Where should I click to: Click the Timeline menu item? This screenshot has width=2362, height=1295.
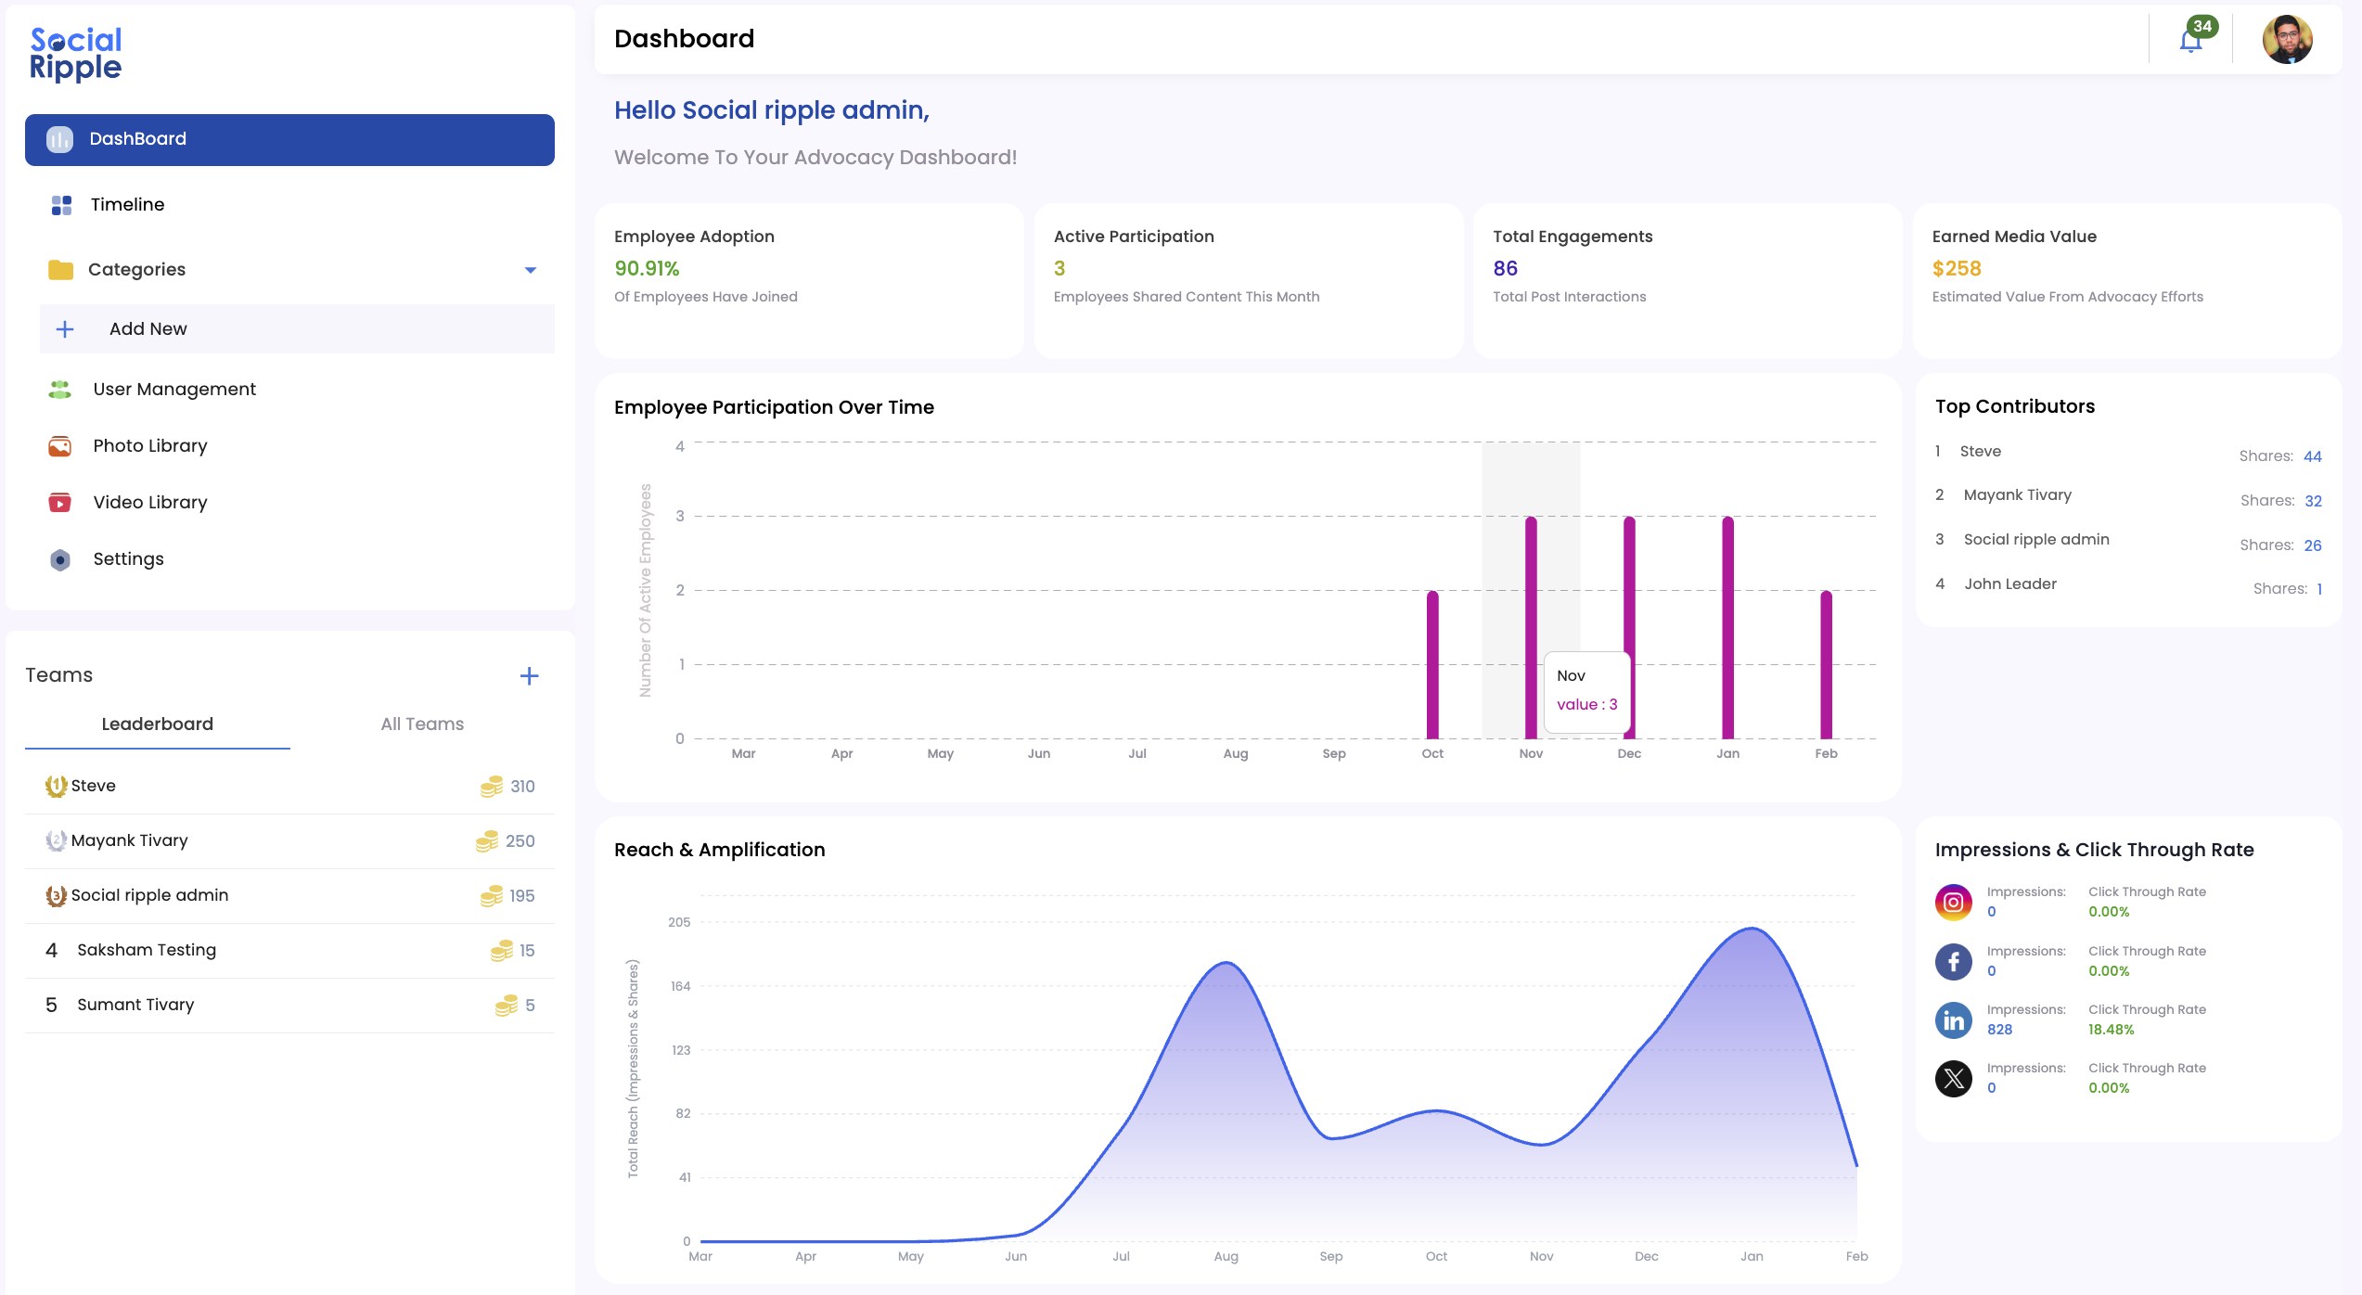[x=127, y=205]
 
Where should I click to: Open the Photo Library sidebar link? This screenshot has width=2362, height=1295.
[x=149, y=446]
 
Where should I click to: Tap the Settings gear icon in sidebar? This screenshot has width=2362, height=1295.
[x=60, y=559]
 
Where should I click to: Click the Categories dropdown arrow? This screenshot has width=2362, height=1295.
[x=531, y=270]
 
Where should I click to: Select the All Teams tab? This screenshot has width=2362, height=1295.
[x=422, y=724]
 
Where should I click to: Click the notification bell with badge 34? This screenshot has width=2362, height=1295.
[x=2191, y=41]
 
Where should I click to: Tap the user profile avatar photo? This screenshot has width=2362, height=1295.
[x=2287, y=40]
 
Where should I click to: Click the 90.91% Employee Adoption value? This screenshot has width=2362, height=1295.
[x=647, y=269]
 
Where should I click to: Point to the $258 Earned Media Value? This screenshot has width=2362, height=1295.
[x=1957, y=269]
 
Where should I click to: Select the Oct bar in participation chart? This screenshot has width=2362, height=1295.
[x=1432, y=664]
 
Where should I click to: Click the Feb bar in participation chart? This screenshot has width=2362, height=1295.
[x=1826, y=664]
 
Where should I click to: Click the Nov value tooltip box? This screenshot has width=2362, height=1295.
[x=1586, y=691]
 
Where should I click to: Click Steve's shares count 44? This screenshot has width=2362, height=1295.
[x=2312, y=456]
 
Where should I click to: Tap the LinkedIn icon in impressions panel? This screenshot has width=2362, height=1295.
[x=1953, y=1020]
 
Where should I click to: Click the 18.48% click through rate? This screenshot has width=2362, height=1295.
[x=2111, y=1030]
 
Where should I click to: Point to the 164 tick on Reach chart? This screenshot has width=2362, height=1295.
[x=680, y=986]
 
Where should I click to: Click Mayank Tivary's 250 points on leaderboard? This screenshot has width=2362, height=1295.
[x=520, y=841]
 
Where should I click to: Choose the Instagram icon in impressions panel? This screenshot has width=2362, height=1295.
[x=1953, y=903]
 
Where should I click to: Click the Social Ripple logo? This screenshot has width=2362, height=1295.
[x=76, y=54]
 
